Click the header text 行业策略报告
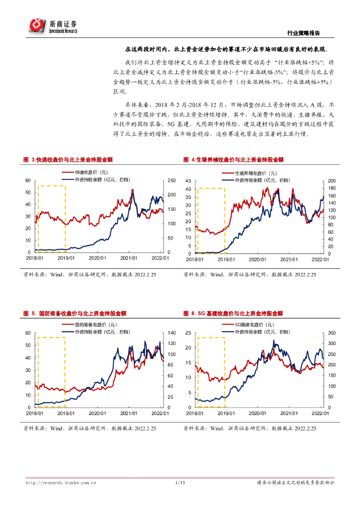click(x=304, y=33)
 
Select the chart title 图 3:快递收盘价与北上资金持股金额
click(x=68, y=160)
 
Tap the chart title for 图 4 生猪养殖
click(x=233, y=160)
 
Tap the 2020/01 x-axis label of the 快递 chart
click(x=97, y=258)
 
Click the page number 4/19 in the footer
click(x=180, y=483)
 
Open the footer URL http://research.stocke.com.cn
click(x=61, y=483)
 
